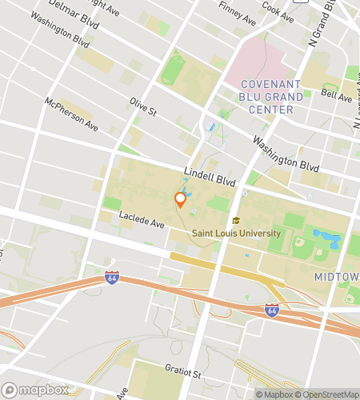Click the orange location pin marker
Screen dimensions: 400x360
coord(180,199)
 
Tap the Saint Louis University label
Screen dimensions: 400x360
coord(236,234)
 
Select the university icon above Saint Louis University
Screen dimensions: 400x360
coord(235,221)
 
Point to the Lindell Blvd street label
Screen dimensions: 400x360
coord(209,177)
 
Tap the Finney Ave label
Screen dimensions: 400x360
coord(238,14)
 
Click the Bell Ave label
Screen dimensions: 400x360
coord(336,97)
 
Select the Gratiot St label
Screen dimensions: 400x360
coord(178,372)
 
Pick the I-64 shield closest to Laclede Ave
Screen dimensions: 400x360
coord(112,278)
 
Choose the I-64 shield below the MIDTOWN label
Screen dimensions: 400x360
coord(272,309)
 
